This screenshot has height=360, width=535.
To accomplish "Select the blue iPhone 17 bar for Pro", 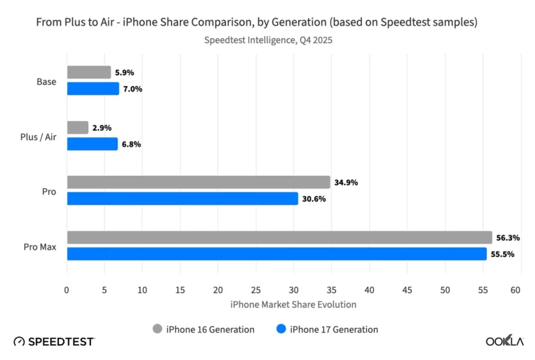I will [182, 199].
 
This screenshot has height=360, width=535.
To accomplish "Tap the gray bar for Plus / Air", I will [78, 128].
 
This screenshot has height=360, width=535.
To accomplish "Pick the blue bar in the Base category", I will [93, 89].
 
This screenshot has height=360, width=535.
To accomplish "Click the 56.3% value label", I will [508, 238].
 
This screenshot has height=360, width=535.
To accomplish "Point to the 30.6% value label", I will [313, 199].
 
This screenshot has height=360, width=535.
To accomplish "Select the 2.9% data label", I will [101, 128].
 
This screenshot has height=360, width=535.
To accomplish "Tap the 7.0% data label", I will [131, 89].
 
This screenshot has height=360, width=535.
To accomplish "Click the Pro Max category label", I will [42, 246].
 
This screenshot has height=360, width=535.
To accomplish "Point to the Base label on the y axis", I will [47, 81].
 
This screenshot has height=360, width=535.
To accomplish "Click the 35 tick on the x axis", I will [331, 290].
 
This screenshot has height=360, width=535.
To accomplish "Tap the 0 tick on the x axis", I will [67, 290].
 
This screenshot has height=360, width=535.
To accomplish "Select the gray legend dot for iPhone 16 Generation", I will [157, 329].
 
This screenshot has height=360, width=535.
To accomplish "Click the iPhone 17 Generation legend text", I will [334, 329].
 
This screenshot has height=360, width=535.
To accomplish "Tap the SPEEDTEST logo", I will [54, 341].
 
